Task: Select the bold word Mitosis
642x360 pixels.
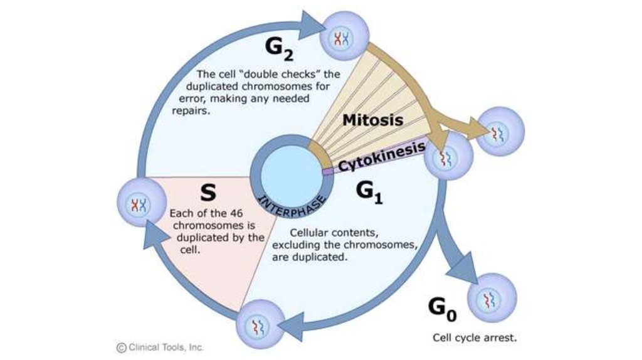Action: tap(372, 119)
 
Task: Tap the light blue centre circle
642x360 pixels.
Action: tap(291, 173)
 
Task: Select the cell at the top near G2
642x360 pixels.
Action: tap(342, 38)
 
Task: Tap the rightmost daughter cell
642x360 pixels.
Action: tap(500, 131)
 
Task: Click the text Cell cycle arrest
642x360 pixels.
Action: tap(475, 337)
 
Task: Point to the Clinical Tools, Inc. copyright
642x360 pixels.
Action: tap(160, 346)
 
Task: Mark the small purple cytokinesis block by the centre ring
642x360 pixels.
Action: tap(328, 171)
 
